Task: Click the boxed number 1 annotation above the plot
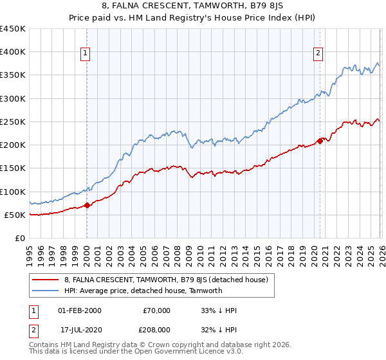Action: [x=86, y=53]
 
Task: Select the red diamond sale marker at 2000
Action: [x=87, y=206]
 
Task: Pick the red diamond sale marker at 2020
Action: [x=320, y=141]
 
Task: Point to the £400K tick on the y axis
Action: [x=13, y=52]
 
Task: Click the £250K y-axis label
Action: [x=13, y=122]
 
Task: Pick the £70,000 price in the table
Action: [x=156, y=310]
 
